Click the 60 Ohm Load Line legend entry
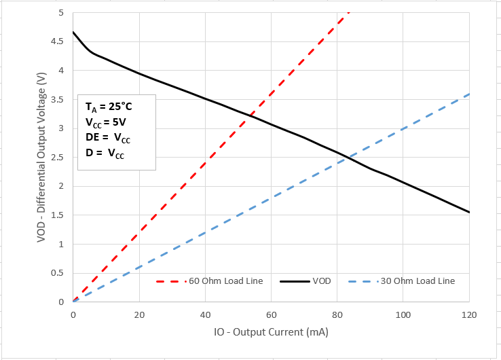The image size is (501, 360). coord(224,281)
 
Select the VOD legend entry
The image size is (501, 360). coord(321,281)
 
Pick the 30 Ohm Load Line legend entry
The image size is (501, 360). coord(417,281)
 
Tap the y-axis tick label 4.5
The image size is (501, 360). coord(58,41)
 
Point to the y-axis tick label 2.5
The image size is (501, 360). coord(58,157)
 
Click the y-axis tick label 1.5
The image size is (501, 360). coord(58,215)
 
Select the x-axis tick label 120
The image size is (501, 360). coord(469,315)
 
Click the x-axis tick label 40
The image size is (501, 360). coord(205,315)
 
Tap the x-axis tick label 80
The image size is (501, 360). coord(337,315)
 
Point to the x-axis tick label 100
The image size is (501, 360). coord(403,315)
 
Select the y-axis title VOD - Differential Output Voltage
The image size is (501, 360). coord(41,156)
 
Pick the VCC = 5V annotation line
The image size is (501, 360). coord(106,122)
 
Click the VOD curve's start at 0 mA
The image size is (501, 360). coord(73,32)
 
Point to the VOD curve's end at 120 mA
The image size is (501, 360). coord(469,213)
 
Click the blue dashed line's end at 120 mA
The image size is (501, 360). coord(469,94)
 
